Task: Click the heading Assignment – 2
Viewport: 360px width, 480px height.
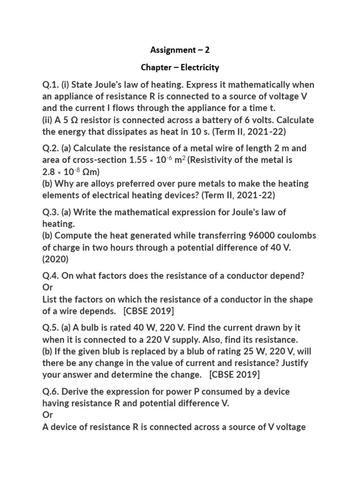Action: (180, 50)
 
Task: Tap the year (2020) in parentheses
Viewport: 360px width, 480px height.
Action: (55, 259)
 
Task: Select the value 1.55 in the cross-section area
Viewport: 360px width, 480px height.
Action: (138, 160)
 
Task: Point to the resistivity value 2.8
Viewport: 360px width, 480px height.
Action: (49, 172)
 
